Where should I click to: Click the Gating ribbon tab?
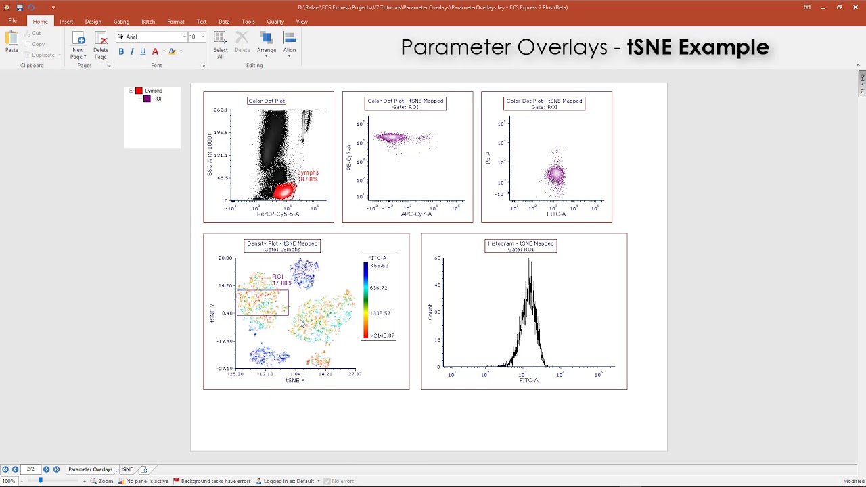pyautogui.click(x=121, y=22)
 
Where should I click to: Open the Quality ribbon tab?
pyautogui.click(x=275, y=22)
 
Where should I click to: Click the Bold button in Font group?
pyautogui.click(x=121, y=51)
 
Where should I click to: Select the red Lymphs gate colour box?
pyautogui.click(x=139, y=91)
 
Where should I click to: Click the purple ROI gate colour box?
pyautogui.click(x=147, y=99)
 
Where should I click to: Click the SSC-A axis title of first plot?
pyautogui.click(x=210, y=155)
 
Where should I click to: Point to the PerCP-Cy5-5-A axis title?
pyautogui.click(x=277, y=214)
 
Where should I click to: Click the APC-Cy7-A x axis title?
pyautogui.click(x=416, y=214)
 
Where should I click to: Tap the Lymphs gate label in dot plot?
pyautogui.click(x=307, y=172)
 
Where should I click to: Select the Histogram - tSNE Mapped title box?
pyautogui.click(x=520, y=246)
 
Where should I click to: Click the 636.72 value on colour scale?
pyautogui.click(x=378, y=288)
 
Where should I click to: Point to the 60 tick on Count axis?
pyautogui.click(x=438, y=258)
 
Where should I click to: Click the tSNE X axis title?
pyautogui.click(x=295, y=380)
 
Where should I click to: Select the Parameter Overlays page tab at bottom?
pyautogui.click(x=90, y=469)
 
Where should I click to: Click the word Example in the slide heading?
pyautogui.click(x=723, y=47)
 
